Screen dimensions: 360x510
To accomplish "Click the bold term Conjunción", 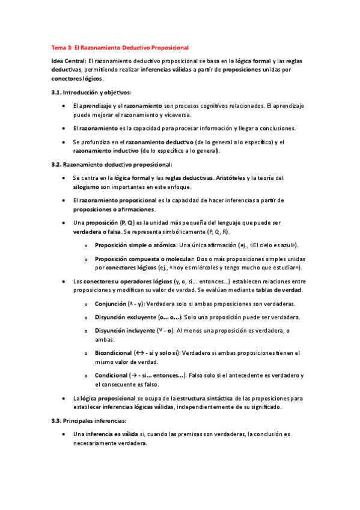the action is (110, 304).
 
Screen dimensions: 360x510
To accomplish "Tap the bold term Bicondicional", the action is (114, 354).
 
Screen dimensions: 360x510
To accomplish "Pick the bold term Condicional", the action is (113, 375).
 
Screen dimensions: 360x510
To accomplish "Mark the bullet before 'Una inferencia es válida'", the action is (64, 434).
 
